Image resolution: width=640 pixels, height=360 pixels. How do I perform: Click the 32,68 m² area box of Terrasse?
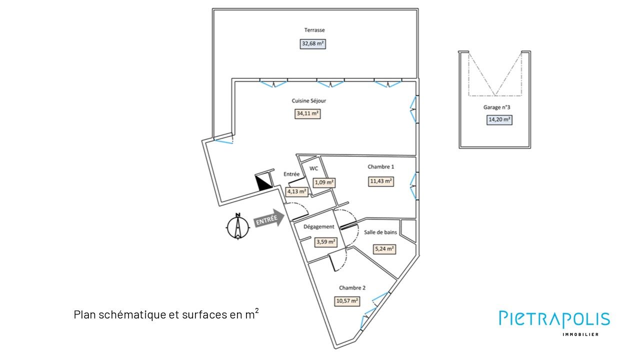click(x=313, y=43)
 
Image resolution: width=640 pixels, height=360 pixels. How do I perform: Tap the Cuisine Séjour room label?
click(x=309, y=101)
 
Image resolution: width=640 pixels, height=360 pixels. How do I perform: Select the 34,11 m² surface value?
click(x=308, y=113)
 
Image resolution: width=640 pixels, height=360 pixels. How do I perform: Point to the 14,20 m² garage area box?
click(x=499, y=119)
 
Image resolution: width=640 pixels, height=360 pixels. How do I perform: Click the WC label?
click(x=314, y=168)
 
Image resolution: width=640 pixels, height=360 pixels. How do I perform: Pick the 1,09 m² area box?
click(x=324, y=182)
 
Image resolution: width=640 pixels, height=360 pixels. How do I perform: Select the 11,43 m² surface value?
click(x=381, y=181)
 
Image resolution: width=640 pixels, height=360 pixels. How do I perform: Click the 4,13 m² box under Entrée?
click(x=296, y=191)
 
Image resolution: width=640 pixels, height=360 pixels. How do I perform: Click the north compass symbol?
click(x=238, y=227)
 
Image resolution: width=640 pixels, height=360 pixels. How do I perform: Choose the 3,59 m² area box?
click(x=325, y=242)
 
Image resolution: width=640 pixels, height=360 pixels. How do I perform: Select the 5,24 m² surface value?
click(x=384, y=248)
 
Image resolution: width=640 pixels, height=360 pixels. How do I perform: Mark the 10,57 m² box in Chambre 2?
click(x=347, y=301)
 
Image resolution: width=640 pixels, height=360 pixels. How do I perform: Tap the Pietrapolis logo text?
click(x=554, y=319)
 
